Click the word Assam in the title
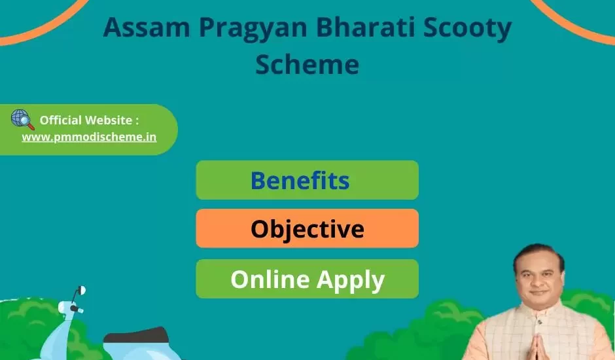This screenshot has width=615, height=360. (x=147, y=27)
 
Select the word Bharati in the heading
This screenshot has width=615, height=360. (x=365, y=27)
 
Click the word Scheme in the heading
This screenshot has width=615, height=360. (x=307, y=64)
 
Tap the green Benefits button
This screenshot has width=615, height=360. (x=307, y=180)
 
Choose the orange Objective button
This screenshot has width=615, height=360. (x=307, y=228)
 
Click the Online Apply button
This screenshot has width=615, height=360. (x=307, y=279)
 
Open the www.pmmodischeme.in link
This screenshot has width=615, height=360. (x=89, y=137)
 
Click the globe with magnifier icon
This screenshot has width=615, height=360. (x=22, y=119)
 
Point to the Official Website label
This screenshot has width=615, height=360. (x=89, y=120)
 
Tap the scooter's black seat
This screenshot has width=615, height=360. (x=136, y=336)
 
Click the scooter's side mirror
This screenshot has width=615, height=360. (x=81, y=291)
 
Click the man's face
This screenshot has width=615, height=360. (x=539, y=279)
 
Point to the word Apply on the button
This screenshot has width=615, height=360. (x=351, y=280)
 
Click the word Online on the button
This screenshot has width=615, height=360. (x=270, y=279)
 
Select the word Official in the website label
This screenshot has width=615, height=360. (x=61, y=120)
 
